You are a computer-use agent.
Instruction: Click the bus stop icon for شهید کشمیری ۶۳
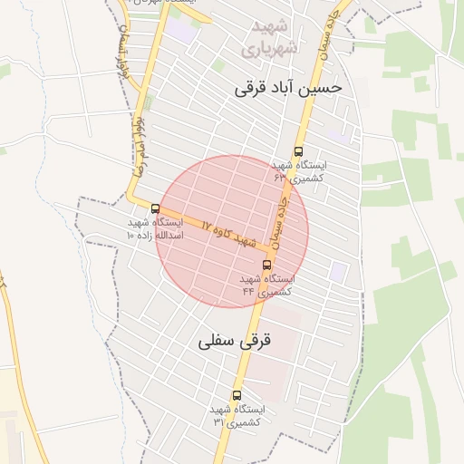coord(299,152)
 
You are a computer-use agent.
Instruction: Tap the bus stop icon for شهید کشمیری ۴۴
coord(266,266)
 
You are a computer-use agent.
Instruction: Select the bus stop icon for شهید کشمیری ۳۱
coord(237,396)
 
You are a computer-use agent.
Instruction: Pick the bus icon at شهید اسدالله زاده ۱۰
coord(155,209)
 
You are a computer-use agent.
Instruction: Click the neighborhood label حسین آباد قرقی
coord(288,88)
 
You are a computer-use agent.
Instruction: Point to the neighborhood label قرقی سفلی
coord(235,341)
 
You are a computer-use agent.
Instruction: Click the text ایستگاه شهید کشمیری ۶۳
coord(299,171)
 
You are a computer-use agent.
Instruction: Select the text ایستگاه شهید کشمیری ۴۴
coord(266,285)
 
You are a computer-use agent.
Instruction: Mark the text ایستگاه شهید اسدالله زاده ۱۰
coord(155,228)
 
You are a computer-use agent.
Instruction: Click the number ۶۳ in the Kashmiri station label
coord(280,179)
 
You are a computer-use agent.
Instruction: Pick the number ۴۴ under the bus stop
coord(246,293)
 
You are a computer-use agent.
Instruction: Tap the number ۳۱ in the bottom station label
coord(218,422)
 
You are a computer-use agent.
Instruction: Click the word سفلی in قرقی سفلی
coord(217,342)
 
